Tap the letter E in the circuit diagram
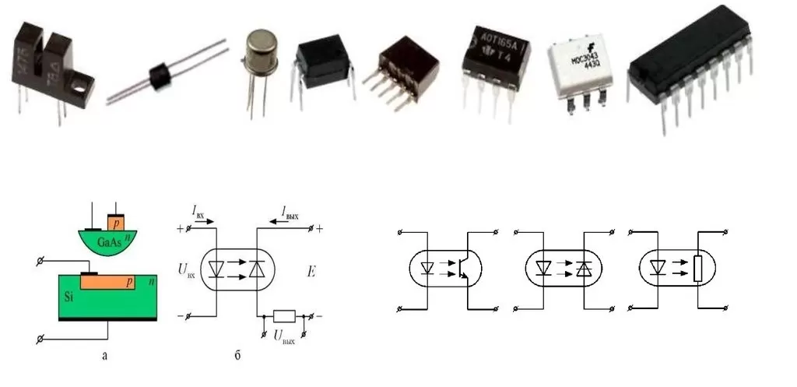310,273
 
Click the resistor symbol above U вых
284,316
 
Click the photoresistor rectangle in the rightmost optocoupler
697,269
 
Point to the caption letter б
237,356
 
